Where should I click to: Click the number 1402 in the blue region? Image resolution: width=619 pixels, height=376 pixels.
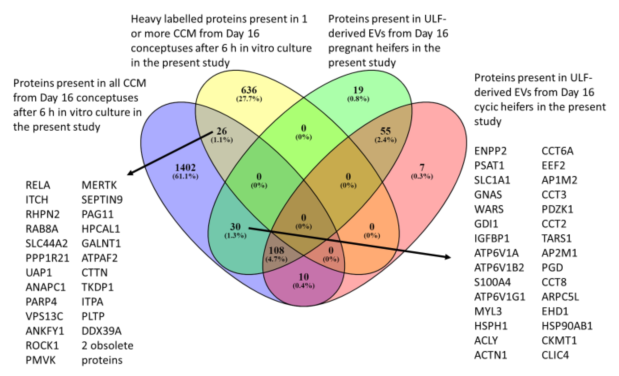[185, 167]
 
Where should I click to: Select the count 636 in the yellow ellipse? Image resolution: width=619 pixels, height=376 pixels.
[249, 90]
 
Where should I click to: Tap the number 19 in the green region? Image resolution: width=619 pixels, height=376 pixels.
[358, 90]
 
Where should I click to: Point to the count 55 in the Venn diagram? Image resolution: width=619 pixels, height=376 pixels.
[385, 131]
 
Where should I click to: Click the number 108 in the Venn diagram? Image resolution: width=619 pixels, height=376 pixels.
[276, 250]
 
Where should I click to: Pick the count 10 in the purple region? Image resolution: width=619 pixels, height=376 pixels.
[304, 277]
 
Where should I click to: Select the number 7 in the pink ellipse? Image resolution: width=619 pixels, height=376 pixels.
[422, 167]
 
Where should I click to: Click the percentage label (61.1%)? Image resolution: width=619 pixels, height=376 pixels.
[185, 176]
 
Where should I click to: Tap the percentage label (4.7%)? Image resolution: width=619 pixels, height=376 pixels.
[276, 259]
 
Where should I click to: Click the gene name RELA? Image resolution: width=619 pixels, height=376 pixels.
[38, 185]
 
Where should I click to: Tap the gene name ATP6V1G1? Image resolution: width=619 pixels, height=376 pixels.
[499, 297]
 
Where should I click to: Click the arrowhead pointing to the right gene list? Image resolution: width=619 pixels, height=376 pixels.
[447, 257]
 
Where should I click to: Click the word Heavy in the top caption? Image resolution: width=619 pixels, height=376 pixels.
[145, 19]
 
